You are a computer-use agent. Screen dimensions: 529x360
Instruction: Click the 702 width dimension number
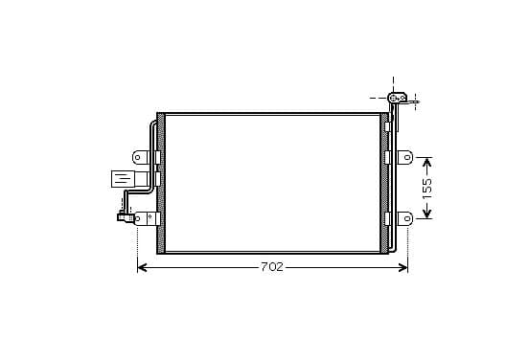pyautogui.click(x=272, y=267)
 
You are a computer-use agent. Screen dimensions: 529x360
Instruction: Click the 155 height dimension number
pyautogui.click(x=426, y=188)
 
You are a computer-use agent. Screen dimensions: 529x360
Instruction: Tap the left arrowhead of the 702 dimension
pyautogui.click(x=143, y=268)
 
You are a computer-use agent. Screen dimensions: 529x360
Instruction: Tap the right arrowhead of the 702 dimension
pyautogui.click(x=403, y=268)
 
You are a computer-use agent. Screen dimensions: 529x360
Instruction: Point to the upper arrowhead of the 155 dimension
pyautogui.click(x=427, y=162)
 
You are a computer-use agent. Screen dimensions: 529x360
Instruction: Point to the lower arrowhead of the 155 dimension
pyautogui.click(x=427, y=214)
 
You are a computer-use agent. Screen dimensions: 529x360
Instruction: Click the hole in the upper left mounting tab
pyautogui.click(x=138, y=157)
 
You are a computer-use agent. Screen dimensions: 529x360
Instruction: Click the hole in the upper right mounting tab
pyautogui.click(x=407, y=157)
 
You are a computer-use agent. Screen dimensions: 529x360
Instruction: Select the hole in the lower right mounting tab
pyautogui.click(x=407, y=218)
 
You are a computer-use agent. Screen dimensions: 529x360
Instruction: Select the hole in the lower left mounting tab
pyautogui.click(x=138, y=218)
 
